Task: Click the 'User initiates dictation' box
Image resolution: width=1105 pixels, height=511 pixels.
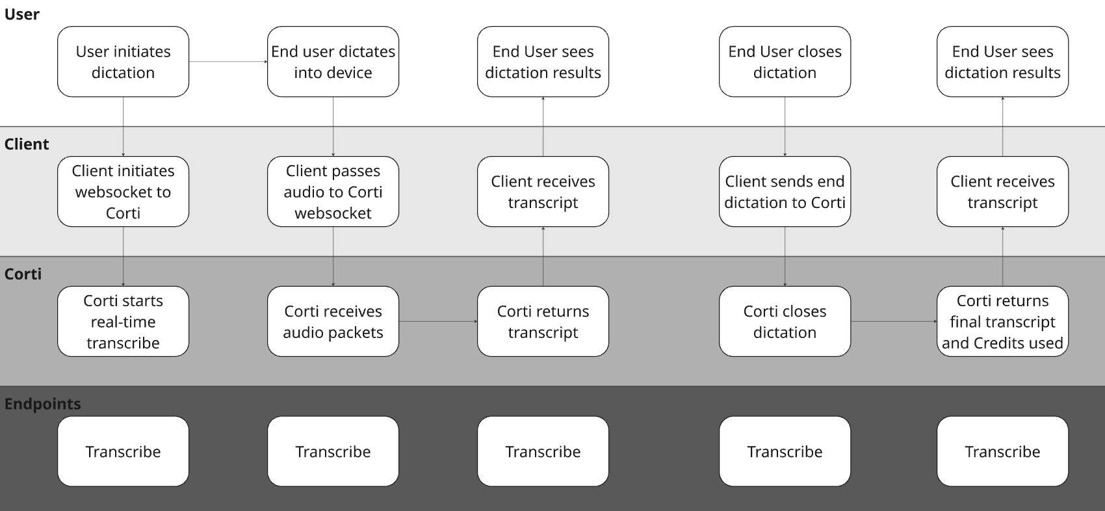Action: pos(123,62)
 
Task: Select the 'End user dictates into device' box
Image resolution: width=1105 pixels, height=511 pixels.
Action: pos(333,62)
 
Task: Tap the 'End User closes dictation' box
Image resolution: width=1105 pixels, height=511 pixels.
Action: pos(785,62)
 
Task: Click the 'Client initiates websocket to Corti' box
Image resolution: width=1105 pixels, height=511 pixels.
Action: pos(123,191)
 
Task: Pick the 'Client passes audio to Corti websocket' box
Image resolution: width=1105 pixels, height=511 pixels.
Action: pos(333,191)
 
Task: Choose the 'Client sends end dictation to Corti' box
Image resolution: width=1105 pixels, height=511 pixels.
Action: pos(785,191)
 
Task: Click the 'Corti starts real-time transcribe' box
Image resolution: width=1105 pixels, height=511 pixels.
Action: pos(123,321)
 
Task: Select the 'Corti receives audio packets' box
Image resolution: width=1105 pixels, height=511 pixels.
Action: pos(333,321)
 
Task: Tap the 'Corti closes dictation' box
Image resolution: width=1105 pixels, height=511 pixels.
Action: pos(785,321)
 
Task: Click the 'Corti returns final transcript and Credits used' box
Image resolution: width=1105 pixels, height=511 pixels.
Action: pos(1002,321)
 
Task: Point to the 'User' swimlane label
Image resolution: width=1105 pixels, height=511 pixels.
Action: pos(22,14)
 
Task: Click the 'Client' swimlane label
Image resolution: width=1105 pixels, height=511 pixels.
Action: pos(27,144)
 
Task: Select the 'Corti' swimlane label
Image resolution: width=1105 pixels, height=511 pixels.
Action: pos(23,274)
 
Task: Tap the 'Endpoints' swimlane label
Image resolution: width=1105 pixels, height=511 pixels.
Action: pos(43,404)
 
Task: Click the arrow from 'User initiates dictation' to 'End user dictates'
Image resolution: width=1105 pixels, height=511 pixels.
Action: pos(228,62)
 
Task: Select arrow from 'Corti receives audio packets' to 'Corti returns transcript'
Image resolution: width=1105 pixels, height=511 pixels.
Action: pos(438,321)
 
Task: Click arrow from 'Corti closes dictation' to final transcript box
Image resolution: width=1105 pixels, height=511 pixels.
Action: pos(894,321)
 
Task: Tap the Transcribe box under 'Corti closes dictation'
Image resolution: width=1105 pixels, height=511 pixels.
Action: pos(785,451)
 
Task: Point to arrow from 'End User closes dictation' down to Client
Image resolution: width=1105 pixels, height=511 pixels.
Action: pos(785,127)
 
